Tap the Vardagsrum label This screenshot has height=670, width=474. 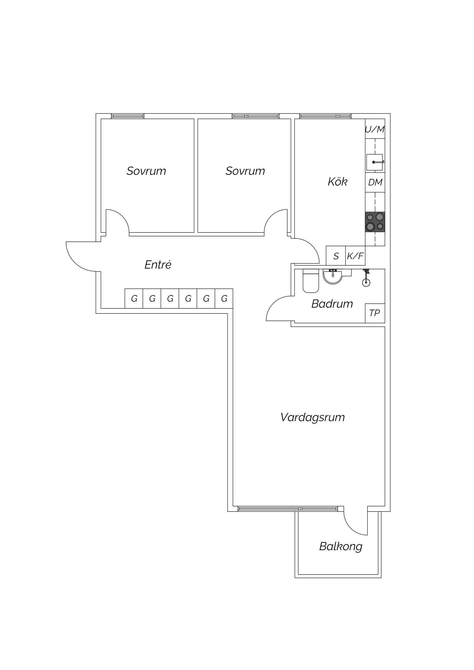pyautogui.click(x=312, y=418)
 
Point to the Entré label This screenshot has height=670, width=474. pyautogui.click(x=158, y=265)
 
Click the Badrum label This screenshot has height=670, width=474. pyautogui.click(x=332, y=304)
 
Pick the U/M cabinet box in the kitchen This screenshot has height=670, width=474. pyautogui.click(x=375, y=129)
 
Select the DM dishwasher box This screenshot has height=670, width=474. pyautogui.click(x=375, y=182)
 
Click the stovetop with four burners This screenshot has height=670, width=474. pyautogui.click(x=375, y=222)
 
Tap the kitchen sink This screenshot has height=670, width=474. pyautogui.click(x=375, y=162)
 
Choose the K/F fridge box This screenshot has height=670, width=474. pyautogui.click(x=355, y=256)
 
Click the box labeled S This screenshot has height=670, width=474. pyautogui.click(x=336, y=256)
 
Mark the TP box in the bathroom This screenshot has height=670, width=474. pyautogui.click(x=375, y=313)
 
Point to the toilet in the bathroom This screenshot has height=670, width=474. pyautogui.click(x=310, y=281)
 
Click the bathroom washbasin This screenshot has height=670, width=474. pyautogui.click(x=333, y=276)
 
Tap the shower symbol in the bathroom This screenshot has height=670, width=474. pyautogui.click(x=366, y=277)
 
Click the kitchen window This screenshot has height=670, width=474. pyautogui.click(x=325, y=116)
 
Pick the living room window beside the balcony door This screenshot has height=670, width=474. pyautogui.click(x=288, y=509)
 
